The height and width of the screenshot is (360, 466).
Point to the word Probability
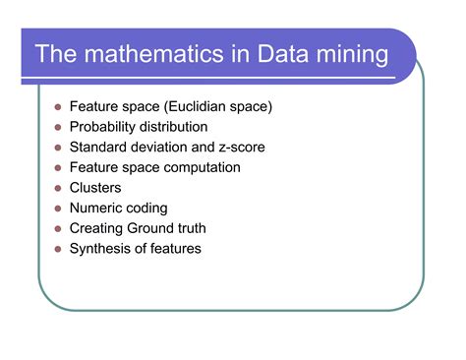point(102,127)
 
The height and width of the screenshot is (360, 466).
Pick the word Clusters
point(96,188)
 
